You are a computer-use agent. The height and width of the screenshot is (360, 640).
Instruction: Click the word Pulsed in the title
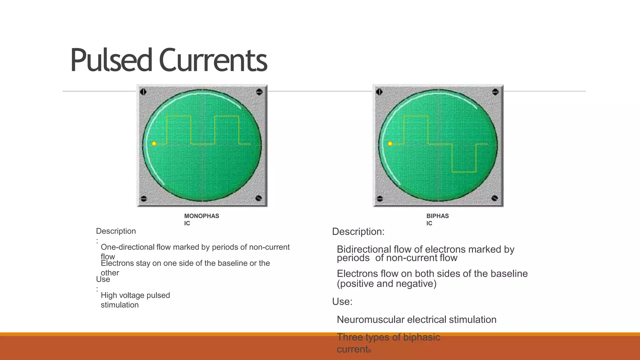click(111, 60)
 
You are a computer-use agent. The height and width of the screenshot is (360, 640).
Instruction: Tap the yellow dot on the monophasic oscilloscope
click(154, 144)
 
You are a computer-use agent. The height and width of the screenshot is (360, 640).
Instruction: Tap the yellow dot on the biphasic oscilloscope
click(390, 144)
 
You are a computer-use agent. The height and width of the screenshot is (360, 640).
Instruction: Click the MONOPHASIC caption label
click(201, 219)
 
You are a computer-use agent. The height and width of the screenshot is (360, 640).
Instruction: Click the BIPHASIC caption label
click(437, 219)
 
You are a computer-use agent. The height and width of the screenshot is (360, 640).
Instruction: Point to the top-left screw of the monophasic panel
click(143, 92)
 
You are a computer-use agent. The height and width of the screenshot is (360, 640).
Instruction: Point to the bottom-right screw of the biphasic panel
click(494, 198)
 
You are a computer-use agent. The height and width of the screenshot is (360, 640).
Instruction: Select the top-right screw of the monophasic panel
click(259, 92)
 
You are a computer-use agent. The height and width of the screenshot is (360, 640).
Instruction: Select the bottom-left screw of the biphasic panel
click(380, 198)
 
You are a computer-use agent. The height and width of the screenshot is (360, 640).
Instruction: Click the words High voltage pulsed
click(135, 295)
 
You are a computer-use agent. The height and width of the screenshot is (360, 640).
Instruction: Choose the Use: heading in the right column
click(342, 302)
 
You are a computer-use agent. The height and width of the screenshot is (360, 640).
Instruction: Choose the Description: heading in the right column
click(358, 232)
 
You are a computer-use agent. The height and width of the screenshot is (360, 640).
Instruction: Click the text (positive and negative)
click(387, 284)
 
